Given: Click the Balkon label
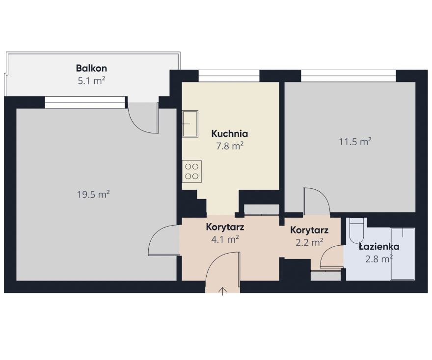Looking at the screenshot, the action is (x=91, y=68).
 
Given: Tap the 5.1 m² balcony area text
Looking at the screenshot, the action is (x=91, y=80).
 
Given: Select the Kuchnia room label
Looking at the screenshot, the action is (x=230, y=134).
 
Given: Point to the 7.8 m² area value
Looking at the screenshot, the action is (x=230, y=146).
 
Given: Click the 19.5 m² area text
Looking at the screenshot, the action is (x=93, y=194).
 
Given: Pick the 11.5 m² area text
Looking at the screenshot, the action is (x=355, y=141).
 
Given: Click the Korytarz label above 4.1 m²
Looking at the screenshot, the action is (x=225, y=228).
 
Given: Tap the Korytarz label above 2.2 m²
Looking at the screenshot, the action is (x=309, y=230).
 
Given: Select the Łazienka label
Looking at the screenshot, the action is (x=379, y=247).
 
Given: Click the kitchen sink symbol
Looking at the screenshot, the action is (x=190, y=124).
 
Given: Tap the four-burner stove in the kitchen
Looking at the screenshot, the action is (x=192, y=171).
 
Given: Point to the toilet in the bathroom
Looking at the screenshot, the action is (x=357, y=230).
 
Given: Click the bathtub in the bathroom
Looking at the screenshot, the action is (x=403, y=254).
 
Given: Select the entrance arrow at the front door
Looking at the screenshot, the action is (x=222, y=291).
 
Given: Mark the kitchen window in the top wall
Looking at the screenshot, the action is (x=229, y=76).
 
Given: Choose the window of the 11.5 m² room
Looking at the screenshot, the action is (x=348, y=76).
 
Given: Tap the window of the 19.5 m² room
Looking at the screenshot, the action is (x=85, y=103).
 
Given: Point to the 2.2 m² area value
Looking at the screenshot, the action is (x=309, y=242).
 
